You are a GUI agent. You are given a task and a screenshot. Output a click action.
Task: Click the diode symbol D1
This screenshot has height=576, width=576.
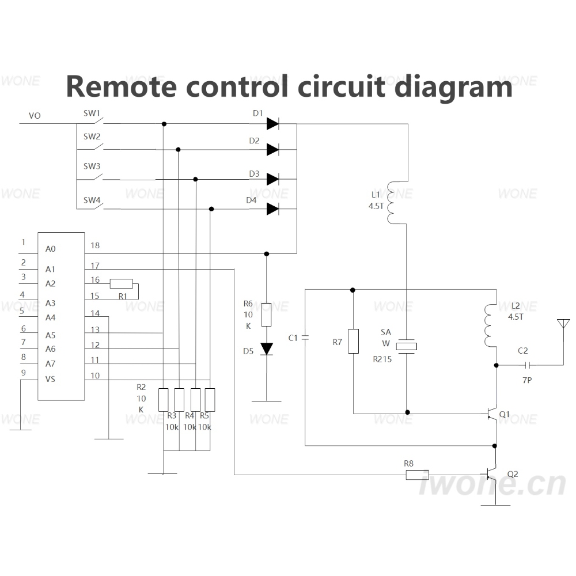coord(272,124)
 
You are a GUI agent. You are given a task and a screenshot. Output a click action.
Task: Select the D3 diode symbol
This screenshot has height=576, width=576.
coord(272,179)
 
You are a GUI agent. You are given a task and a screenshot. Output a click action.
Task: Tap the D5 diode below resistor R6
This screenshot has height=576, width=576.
coord(267,349)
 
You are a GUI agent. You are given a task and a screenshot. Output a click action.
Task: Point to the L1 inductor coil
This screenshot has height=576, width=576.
coord(391,202)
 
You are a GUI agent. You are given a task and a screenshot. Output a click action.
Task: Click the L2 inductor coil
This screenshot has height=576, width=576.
coord(489,325)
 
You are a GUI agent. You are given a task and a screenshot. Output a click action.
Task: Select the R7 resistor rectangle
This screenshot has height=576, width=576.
coord(354,341)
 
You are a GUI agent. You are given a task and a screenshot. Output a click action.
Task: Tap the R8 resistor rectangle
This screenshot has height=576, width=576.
coord(417,475)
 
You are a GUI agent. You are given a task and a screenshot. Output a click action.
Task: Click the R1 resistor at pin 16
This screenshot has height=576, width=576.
coord(121,283)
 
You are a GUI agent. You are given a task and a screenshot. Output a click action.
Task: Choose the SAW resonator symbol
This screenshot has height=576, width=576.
coord(407,346)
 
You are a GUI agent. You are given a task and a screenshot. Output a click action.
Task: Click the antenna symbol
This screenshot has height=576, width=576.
coord(563,324)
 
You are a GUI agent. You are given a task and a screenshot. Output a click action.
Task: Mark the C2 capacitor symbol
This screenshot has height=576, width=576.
coord(528,365)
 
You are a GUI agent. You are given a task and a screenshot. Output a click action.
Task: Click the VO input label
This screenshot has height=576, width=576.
coord(35,116)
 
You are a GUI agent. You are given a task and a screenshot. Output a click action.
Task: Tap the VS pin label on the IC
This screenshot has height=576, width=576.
coord(50,379)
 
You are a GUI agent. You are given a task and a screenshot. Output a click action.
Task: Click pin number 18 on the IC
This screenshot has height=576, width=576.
coord(95,245)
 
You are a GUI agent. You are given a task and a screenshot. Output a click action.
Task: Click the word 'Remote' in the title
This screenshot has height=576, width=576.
coord(121,87)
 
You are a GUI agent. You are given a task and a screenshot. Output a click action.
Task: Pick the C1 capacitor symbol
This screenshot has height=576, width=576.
coord(305,338)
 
